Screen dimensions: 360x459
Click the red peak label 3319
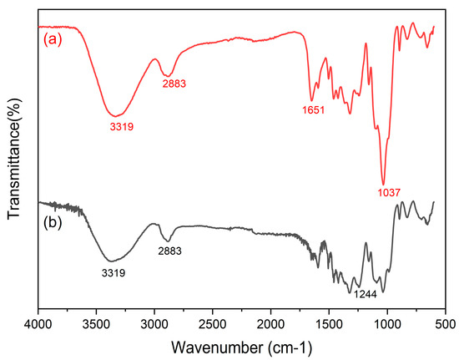(121, 127)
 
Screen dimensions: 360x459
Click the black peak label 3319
(113, 272)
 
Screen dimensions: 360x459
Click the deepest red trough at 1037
(383, 184)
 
